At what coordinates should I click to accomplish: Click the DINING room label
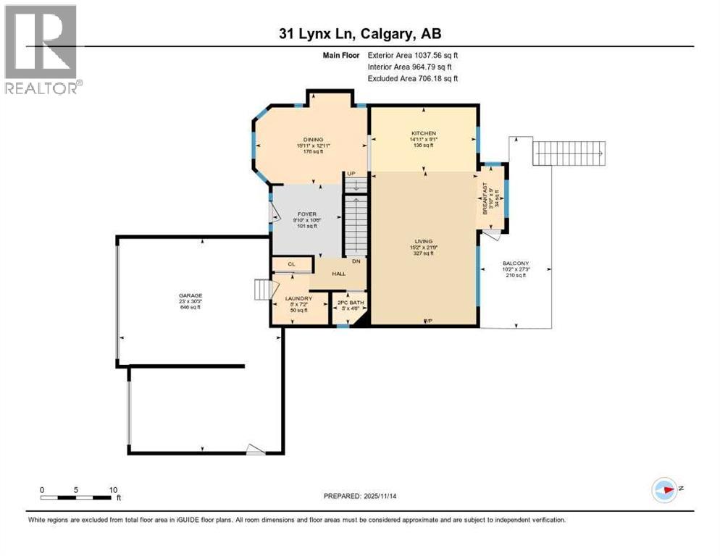click(314, 140)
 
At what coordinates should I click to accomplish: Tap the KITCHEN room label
click(423, 134)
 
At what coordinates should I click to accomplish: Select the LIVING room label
click(423, 241)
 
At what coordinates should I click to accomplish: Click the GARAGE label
click(191, 295)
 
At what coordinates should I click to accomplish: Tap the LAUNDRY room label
click(298, 298)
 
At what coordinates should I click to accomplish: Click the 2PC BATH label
click(348, 303)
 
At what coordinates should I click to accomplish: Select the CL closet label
click(290, 265)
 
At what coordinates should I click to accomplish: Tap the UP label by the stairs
click(351, 174)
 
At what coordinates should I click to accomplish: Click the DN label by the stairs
click(356, 261)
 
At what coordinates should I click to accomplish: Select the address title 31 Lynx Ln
click(360, 33)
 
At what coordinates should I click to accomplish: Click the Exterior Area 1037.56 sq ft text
click(413, 54)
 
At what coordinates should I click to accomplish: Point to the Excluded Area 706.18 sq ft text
click(413, 78)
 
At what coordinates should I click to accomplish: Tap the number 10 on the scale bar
click(113, 489)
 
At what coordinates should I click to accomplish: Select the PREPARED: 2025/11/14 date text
click(361, 496)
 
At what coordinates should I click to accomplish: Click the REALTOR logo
click(41, 49)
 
